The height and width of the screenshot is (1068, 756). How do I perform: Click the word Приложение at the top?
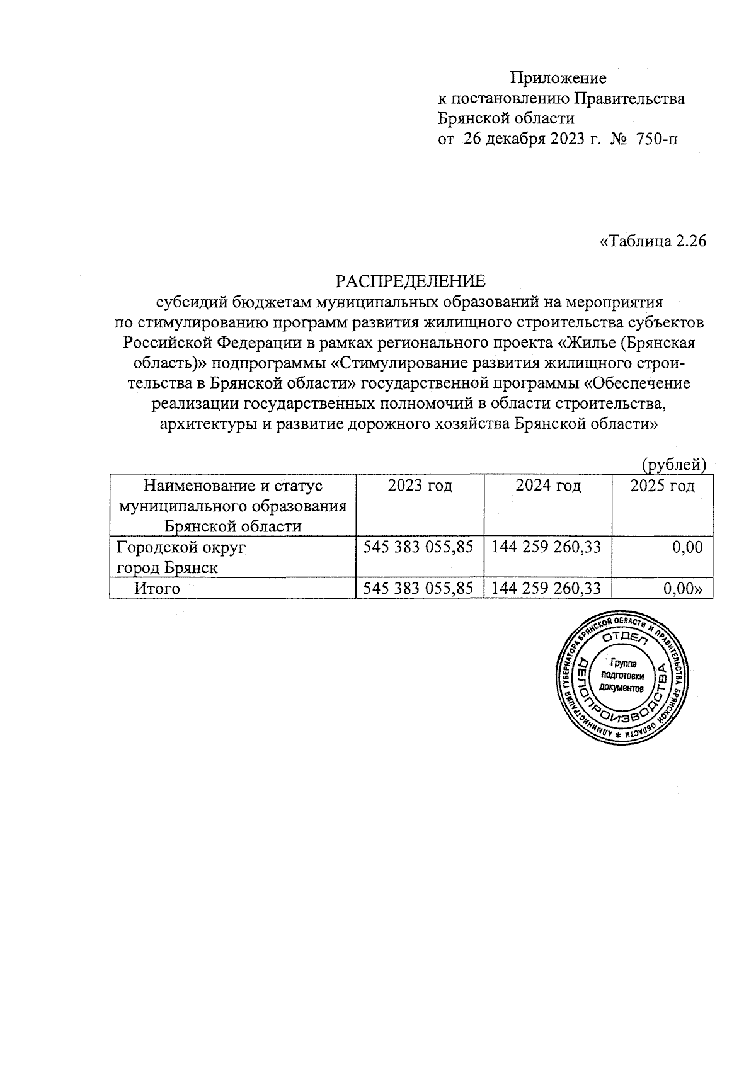click(558, 78)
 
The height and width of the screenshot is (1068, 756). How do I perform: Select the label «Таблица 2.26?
click(652, 241)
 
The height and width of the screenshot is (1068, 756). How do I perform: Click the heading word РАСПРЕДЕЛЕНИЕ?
click(410, 280)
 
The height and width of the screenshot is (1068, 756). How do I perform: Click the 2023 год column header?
click(420, 486)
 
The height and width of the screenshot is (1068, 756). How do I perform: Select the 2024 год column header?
click(548, 486)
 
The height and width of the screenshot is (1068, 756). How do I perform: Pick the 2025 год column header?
click(662, 486)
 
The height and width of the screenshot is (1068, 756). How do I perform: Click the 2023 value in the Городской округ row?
click(418, 547)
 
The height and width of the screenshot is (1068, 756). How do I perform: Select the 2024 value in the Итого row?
click(546, 588)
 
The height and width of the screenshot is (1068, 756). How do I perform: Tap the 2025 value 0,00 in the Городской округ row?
click(687, 547)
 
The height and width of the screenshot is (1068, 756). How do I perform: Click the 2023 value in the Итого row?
click(418, 588)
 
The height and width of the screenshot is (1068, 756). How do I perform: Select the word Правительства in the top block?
click(631, 98)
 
